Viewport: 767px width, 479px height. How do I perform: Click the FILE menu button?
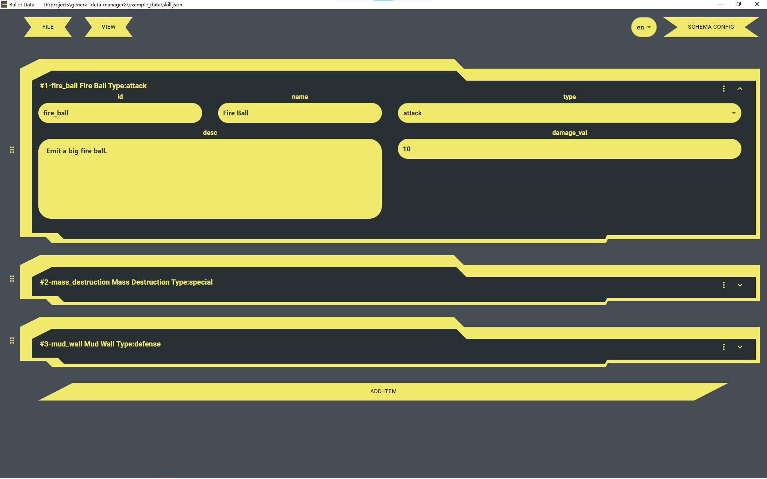coord(48,27)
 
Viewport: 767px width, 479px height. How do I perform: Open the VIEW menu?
coord(108,27)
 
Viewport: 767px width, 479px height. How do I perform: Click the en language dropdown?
coord(644,27)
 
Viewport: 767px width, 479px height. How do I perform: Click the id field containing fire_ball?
coord(120,113)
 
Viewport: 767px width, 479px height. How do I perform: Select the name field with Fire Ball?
coord(300,113)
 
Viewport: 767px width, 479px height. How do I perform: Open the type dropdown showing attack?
coord(569,113)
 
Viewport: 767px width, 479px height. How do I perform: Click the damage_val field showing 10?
coord(569,149)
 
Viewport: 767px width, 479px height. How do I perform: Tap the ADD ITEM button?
coord(383,391)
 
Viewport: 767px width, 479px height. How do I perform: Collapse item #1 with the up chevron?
coord(740,89)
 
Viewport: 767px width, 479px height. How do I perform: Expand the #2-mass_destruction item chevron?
coord(740,285)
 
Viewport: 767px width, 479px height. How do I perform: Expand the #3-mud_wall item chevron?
coord(740,347)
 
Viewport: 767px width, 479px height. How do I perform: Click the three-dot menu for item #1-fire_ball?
coord(723,89)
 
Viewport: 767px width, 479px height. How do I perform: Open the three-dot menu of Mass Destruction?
coord(723,285)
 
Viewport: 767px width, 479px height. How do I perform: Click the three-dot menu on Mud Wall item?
coord(723,347)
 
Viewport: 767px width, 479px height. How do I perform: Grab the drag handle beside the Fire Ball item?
coord(12,150)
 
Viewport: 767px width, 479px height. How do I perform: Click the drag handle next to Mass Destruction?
coord(12,279)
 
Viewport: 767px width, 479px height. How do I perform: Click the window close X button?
coord(757,4)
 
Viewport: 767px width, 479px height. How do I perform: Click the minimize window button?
coord(721,4)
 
